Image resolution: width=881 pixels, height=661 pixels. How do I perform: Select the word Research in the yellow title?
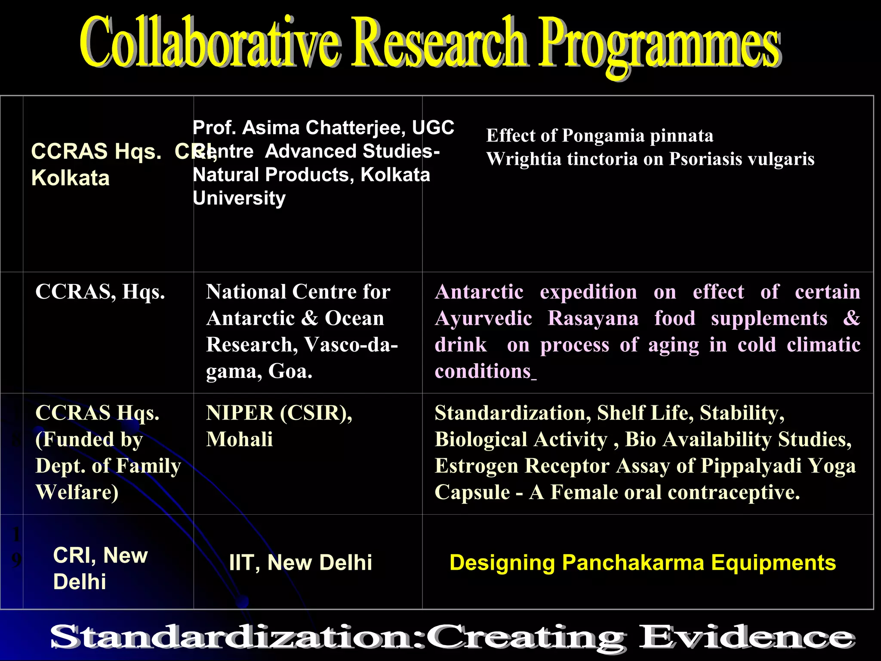[x=439, y=43]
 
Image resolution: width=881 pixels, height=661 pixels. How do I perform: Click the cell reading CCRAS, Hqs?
[x=100, y=292]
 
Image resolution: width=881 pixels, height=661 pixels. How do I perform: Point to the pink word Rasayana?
[x=593, y=319]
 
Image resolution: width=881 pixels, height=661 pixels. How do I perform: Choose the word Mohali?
[x=239, y=440]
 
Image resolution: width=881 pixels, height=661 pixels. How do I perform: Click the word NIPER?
[x=240, y=413]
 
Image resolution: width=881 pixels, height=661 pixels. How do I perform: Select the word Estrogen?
[x=476, y=466]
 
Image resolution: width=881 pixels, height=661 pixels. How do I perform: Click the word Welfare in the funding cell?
[x=77, y=493]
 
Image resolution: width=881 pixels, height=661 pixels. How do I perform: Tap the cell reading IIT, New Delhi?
[x=300, y=563]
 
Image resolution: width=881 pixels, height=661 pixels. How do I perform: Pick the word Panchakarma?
[x=633, y=563]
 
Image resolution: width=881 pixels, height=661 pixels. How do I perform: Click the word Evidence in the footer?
[x=746, y=637]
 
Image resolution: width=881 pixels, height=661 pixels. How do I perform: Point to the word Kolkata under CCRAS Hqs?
[x=71, y=178]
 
